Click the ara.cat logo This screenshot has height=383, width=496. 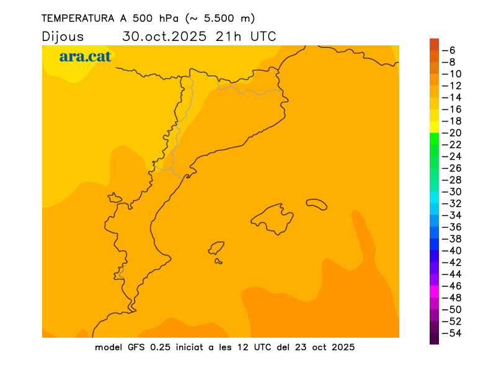(x=85, y=57)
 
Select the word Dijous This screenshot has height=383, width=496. (x=63, y=37)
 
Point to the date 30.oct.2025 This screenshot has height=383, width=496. (x=165, y=37)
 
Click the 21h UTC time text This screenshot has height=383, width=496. (x=246, y=37)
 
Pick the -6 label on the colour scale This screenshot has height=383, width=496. (x=451, y=50)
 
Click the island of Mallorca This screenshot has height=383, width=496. (x=273, y=219)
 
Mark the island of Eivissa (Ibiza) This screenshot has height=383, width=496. (x=216, y=248)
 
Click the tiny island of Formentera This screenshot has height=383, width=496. (x=218, y=261)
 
